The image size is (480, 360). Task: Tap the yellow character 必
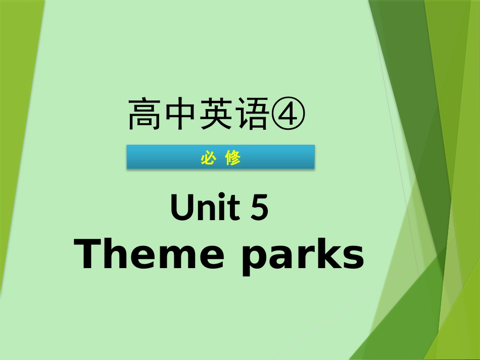(208, 158)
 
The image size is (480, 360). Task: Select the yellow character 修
(233, 158)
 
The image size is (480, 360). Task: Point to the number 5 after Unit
(259, 208)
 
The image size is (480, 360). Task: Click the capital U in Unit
(181, 208)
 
